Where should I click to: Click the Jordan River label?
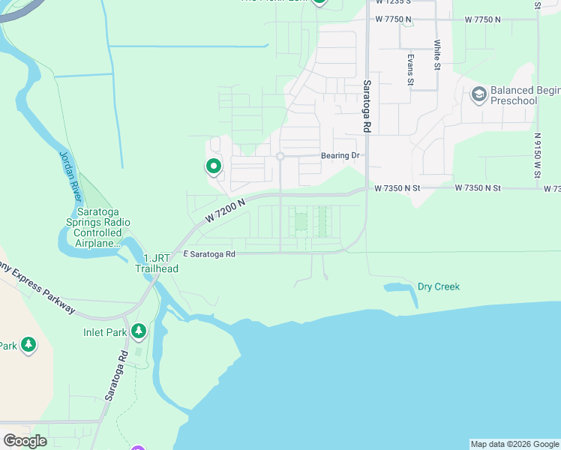68,174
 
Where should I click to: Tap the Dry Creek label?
438,286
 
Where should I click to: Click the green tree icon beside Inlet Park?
138,331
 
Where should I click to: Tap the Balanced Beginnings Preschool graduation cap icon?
478,94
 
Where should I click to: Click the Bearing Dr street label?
340,156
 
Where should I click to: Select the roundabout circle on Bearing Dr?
280,156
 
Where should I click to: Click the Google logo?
25,441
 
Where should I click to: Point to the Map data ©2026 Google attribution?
514,444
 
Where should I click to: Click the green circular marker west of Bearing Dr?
213,166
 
